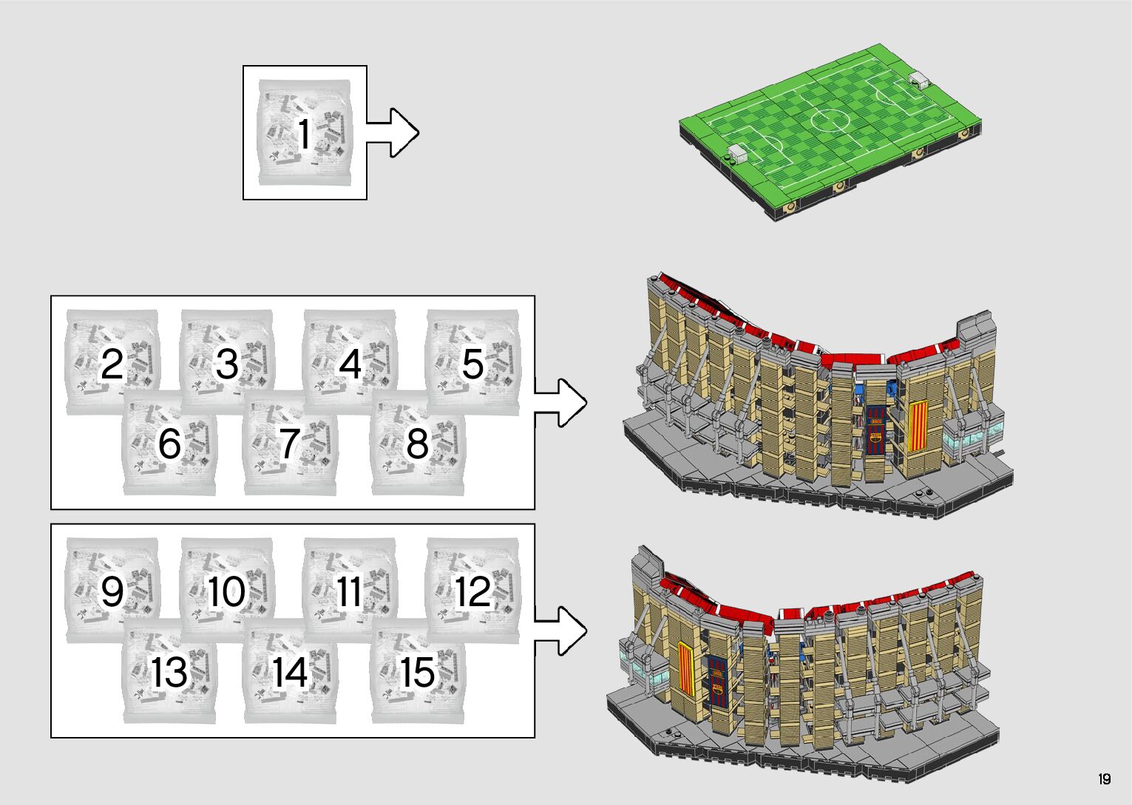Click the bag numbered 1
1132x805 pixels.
tap(304, 133)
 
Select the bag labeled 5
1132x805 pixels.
tap(472, 363)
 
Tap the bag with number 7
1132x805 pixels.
tap(290, 444)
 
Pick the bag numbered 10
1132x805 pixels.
tap(226, 591)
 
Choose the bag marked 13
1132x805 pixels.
tap(169, 672)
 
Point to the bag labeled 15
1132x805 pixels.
tap(418, 672)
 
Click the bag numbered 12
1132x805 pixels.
tap(472, 591)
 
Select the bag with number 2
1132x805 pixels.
tap(112, 363)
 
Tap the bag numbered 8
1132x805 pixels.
tap(418, 444)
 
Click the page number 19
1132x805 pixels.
tap(1104, 779)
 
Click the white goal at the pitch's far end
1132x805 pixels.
tap(919, 78)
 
